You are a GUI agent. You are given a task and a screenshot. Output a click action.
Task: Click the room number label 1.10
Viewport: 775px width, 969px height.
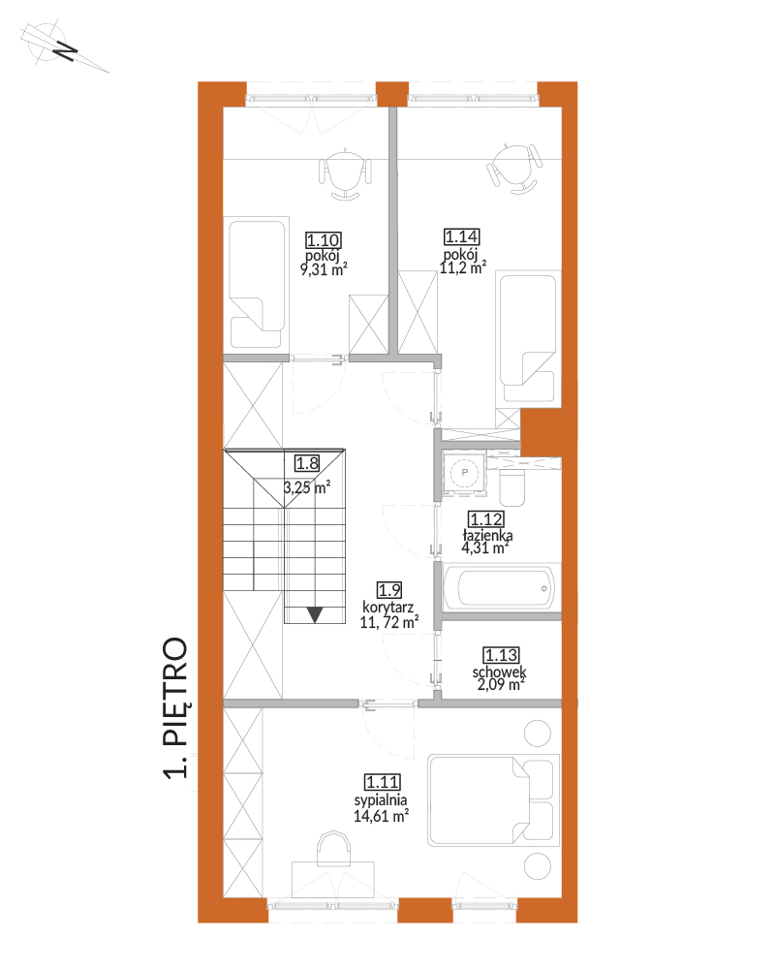324,239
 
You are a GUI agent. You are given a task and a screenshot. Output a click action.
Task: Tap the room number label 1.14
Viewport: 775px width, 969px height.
462,236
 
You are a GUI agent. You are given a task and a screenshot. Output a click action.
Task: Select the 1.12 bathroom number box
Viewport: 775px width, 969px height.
486,519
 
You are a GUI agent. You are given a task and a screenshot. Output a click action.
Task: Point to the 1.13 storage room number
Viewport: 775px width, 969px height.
501,655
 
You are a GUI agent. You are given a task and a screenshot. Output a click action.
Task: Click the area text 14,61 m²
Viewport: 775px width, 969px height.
382,816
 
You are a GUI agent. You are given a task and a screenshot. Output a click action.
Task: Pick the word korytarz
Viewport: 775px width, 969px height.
388,608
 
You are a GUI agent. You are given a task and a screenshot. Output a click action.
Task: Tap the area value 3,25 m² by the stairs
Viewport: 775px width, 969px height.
307,487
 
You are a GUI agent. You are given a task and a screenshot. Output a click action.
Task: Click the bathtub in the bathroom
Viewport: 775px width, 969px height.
502,587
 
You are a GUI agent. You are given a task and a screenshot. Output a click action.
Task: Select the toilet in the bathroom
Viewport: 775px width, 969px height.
511,487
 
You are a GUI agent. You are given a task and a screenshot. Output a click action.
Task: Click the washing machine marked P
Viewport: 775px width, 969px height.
465,474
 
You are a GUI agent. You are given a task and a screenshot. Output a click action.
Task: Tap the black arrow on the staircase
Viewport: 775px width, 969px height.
315,615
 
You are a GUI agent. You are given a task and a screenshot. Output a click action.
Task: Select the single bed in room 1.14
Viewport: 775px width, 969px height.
528,338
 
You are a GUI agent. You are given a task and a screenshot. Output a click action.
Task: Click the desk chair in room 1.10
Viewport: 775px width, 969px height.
345,174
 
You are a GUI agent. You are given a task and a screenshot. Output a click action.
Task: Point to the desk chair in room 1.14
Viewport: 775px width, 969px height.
514,169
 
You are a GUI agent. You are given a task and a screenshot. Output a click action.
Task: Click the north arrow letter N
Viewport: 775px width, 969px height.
65,50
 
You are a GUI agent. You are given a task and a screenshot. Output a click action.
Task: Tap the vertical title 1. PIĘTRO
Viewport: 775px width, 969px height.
175,707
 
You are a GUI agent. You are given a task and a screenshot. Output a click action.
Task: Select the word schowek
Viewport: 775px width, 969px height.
499,672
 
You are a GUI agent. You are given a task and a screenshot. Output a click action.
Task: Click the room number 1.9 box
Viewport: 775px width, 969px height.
389,590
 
